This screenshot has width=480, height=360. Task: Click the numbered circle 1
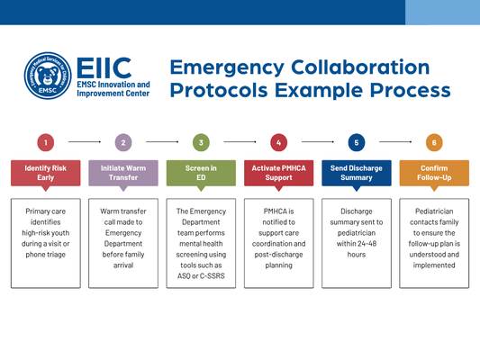tap(46, 142)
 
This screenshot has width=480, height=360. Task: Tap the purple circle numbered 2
tap(123, 142)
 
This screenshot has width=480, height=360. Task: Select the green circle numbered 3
tap(201, 142)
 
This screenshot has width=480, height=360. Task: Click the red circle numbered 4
tap(279, 142)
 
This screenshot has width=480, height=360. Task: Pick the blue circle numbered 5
tap(357, 142)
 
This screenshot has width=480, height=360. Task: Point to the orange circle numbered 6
tap(434, 142)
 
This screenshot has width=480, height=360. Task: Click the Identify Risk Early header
tap(46, 173)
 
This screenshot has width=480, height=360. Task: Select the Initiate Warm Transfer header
tap(123, 173)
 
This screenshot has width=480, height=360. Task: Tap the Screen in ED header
tap(201, 173)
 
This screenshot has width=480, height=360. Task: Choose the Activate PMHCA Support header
tap(279, 173)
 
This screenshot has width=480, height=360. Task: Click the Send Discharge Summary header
tap(357, 173)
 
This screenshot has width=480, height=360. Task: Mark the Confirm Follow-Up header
tap(434, 173)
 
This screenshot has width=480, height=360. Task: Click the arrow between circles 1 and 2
tap(85, 142)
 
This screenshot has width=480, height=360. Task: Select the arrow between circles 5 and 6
tap(395, 142)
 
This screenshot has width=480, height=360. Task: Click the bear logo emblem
tap(48, 77)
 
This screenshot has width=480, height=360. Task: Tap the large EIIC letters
tap(104, 67)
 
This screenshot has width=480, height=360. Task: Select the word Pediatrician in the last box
tap(434, 211)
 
